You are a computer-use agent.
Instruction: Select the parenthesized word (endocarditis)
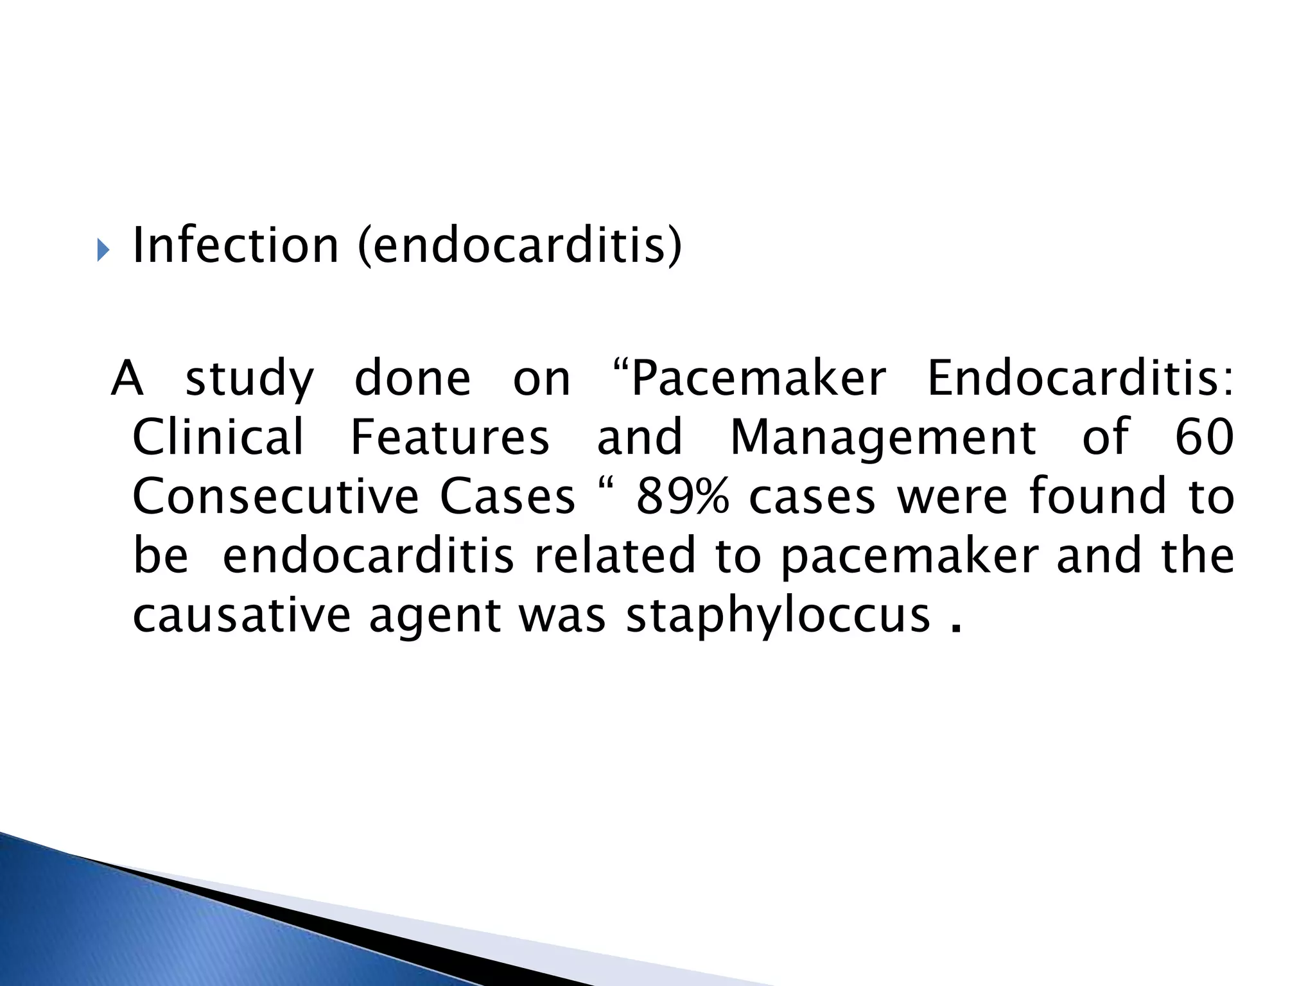pos(519,247)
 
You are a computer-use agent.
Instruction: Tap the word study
pos(250,380)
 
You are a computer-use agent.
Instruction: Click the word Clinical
pos(218,437)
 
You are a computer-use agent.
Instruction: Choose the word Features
pos(450,437)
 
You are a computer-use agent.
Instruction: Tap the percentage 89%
pos(683,497)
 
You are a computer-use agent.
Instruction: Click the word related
pos(615,556)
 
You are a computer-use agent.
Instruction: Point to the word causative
pos(241,615)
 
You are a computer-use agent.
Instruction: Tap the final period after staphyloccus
pos(956,627)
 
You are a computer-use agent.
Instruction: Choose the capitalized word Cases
pos(507,497)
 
